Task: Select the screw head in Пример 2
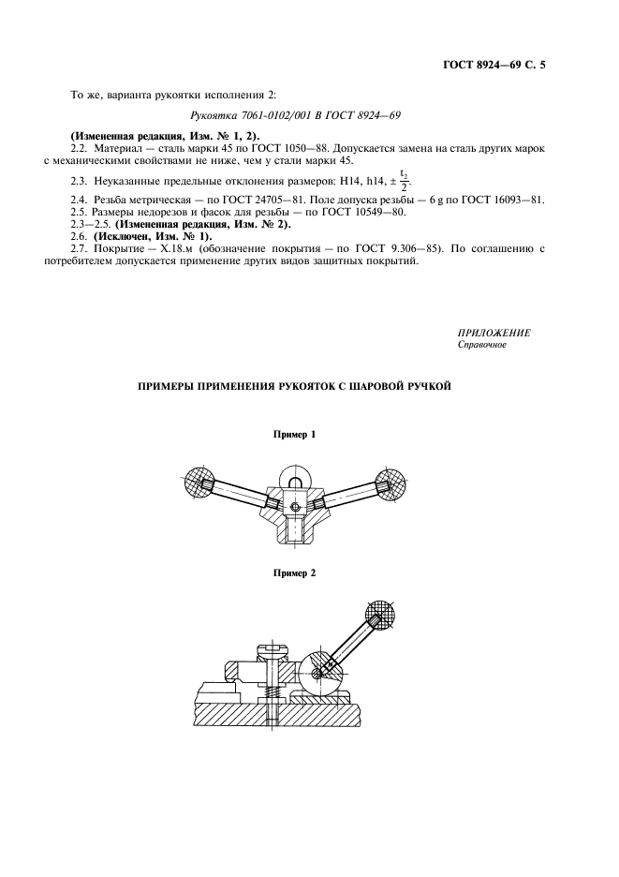pyautogui.click(x=266, y=652)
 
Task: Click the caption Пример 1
pyautogui.click(x=294, y=435)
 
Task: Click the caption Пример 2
pyautogui.click(x=294, y=572)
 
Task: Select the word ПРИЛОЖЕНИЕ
pyautogui.click(x=494, y=334)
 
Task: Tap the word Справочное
pyautogui.click(x=482, y=346)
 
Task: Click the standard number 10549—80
pyautogui.click(x=365, y=213)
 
